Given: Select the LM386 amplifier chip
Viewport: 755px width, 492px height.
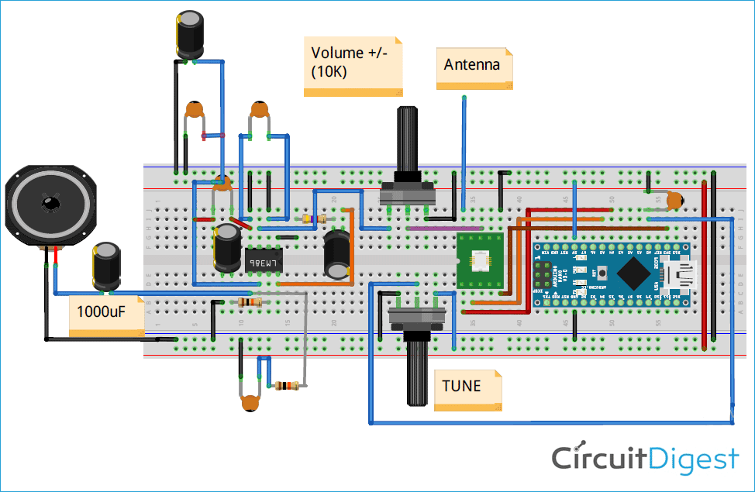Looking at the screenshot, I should (264, 260).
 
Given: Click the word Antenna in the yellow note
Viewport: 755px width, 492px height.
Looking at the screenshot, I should (471, 65).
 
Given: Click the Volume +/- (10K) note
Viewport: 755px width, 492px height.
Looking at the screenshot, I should (352, 64).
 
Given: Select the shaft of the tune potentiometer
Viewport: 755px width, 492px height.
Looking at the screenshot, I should (417, 372).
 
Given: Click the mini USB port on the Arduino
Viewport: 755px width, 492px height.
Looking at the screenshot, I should (683, 273).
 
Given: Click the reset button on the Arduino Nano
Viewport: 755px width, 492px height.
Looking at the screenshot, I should (599, 274).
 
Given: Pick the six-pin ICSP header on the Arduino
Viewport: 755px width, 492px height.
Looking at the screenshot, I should (543, 274).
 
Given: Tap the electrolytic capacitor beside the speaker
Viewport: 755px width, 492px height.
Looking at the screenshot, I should (106, 266).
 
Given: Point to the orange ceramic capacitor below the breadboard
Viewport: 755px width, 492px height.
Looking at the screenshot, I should (250, 401).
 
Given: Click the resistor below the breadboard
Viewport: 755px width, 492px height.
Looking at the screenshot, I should (287, 385).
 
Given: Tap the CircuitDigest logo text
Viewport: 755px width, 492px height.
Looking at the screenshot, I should (645, 458).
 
